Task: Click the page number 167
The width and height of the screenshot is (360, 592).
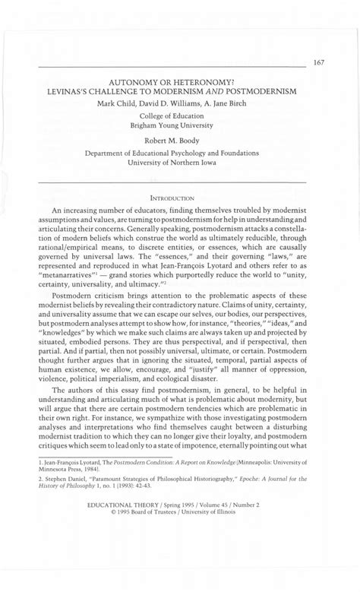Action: [x=318, y=62]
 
